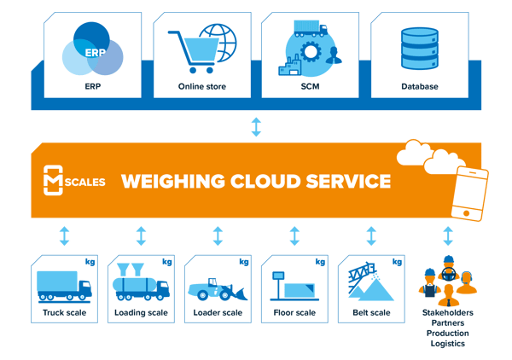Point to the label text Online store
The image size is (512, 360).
202,86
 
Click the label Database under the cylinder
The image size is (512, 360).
419,86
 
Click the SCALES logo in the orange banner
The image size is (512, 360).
73,181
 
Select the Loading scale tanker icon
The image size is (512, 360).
140,282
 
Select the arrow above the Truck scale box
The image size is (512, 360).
64,235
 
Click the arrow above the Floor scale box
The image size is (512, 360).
294,235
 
